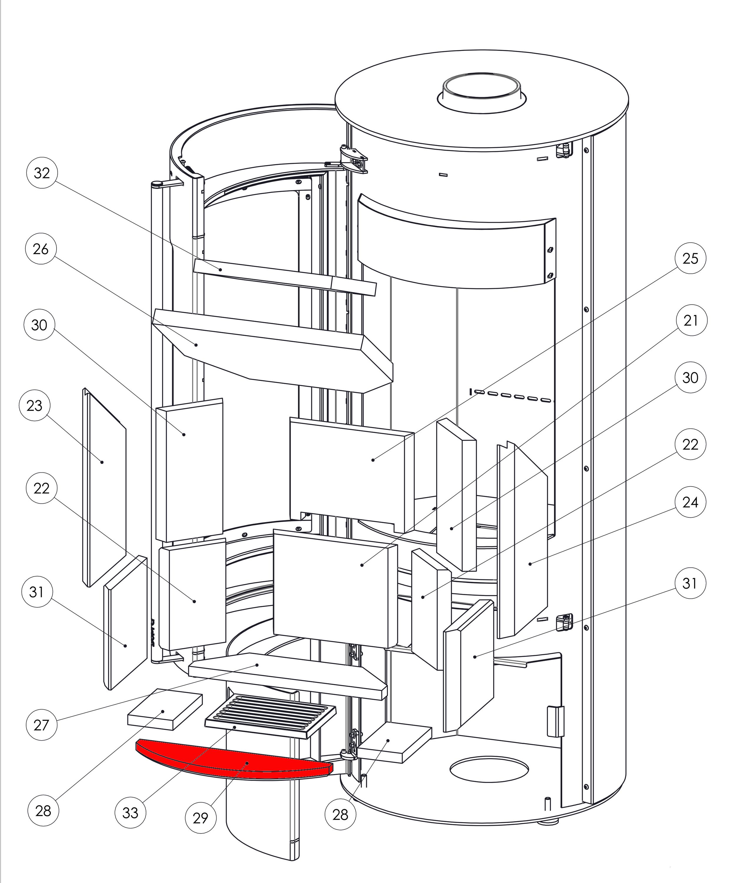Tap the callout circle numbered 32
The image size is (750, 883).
(x=42, y=173)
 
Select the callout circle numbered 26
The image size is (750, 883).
(x=41, y=249)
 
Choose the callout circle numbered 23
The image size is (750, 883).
(x=34, y=405)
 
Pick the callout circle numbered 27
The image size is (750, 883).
(x=42, y=725)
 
